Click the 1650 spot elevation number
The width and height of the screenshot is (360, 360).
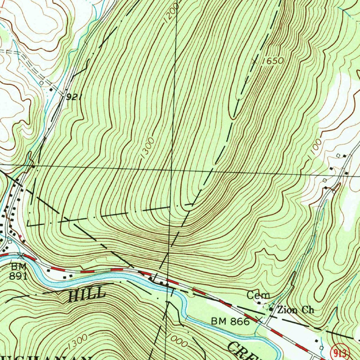point(273,61)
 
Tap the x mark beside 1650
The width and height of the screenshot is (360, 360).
point(255,61)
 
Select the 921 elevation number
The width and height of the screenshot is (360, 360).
point(74,97)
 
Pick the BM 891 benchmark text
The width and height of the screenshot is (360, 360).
point(18,271)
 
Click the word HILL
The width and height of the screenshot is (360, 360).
point(86,294)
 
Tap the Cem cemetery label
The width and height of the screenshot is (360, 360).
point(258,295)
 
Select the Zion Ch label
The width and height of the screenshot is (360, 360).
point(295,310)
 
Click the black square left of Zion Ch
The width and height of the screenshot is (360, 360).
point(271,309)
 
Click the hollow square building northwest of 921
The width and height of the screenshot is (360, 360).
point(42,83)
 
